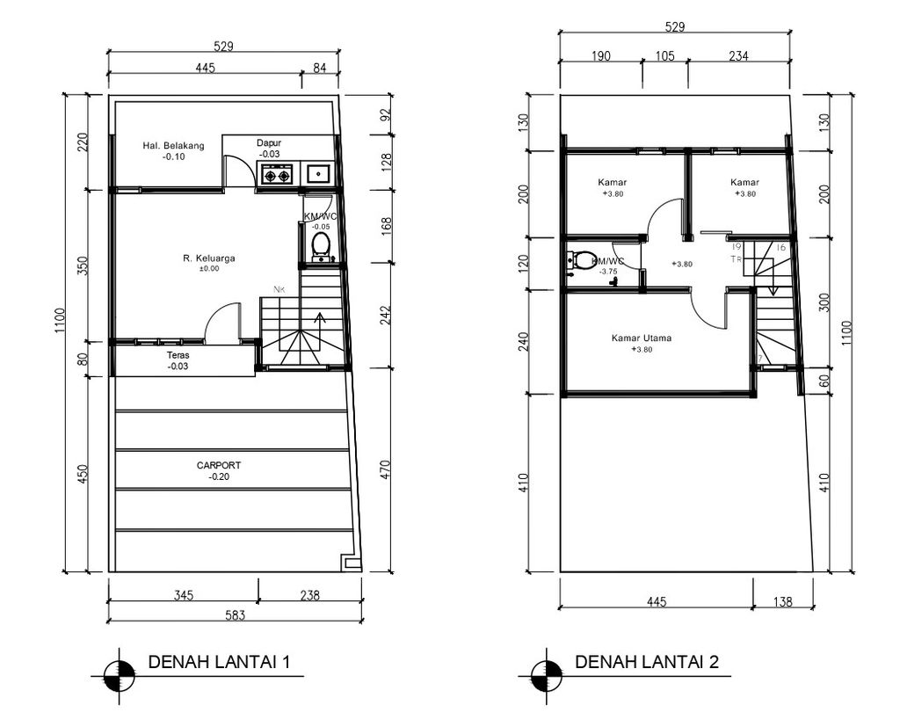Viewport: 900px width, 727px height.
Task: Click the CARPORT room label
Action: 219,465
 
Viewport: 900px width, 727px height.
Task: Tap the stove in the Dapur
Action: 277,175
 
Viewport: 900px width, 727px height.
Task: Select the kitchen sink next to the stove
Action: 316,174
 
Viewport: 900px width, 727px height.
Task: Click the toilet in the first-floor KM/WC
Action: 321,245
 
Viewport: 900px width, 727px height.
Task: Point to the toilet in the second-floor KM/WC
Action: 581,260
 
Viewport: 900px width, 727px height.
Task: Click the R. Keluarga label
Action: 209,258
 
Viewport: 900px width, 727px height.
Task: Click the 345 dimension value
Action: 182,595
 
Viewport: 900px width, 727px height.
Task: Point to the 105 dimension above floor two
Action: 665,56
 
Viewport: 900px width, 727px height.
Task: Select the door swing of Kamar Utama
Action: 708,309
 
